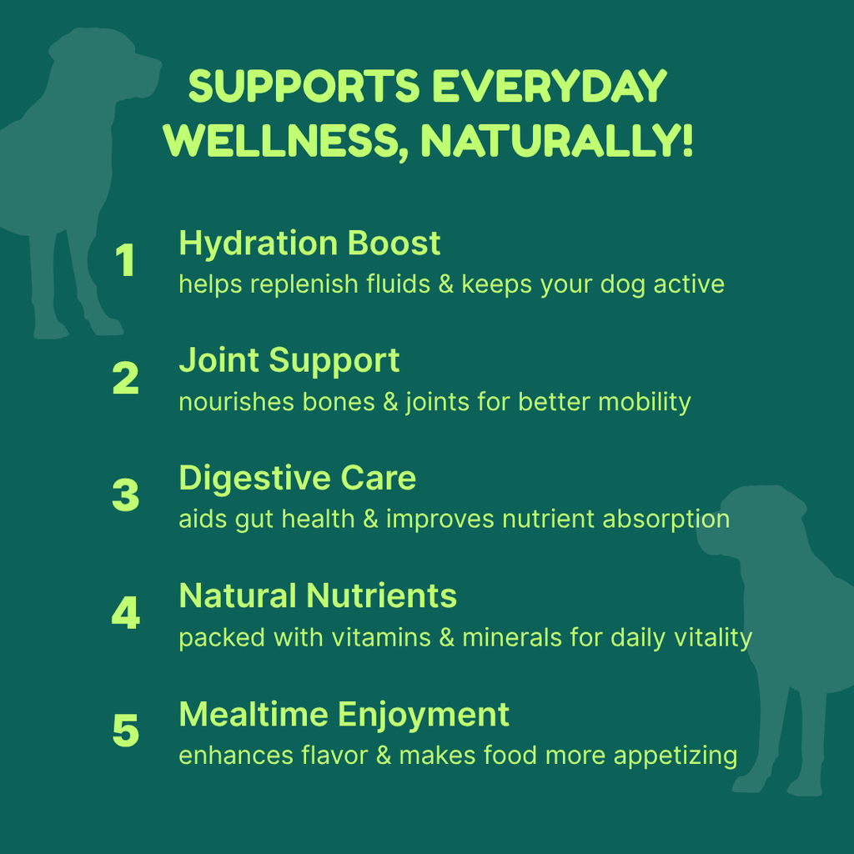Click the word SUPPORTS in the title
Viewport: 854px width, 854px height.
304,86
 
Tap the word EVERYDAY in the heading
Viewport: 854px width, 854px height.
550,86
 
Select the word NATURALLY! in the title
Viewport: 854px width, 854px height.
556,141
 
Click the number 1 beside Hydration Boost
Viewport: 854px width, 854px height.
125,260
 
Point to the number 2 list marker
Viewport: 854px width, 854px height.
125,378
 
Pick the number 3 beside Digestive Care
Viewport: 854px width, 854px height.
125,495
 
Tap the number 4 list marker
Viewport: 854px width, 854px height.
125,613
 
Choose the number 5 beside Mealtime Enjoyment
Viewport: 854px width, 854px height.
125,731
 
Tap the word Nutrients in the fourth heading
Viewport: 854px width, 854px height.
381,595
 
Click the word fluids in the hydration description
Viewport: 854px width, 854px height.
398,284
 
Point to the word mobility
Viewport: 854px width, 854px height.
645,403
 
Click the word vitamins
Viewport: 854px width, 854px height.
381,637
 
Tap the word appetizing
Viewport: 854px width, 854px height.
676,756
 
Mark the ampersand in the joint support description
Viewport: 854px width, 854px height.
390,402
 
